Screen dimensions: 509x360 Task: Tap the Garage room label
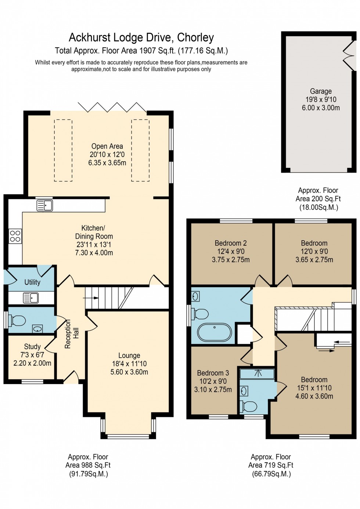pos(320,91)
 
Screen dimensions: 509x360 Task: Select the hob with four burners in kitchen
pos(15,236)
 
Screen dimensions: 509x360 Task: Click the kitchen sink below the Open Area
pos(45,205)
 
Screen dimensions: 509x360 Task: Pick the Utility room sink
pos(31,297)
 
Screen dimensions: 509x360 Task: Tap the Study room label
pos(32,346)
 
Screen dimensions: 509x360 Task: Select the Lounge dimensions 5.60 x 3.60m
pos(129,372)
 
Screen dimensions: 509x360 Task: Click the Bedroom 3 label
pos(213,373)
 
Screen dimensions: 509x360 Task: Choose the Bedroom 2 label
pos(231,243)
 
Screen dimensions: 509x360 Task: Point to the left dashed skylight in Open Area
pos(63,150)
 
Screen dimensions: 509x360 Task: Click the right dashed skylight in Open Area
pos(140,150)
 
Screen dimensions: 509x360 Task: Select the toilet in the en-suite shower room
pos(249,407)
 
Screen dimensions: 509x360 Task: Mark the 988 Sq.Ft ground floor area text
pos(88,465)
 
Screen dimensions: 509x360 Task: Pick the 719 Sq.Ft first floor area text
pos(271,465)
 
